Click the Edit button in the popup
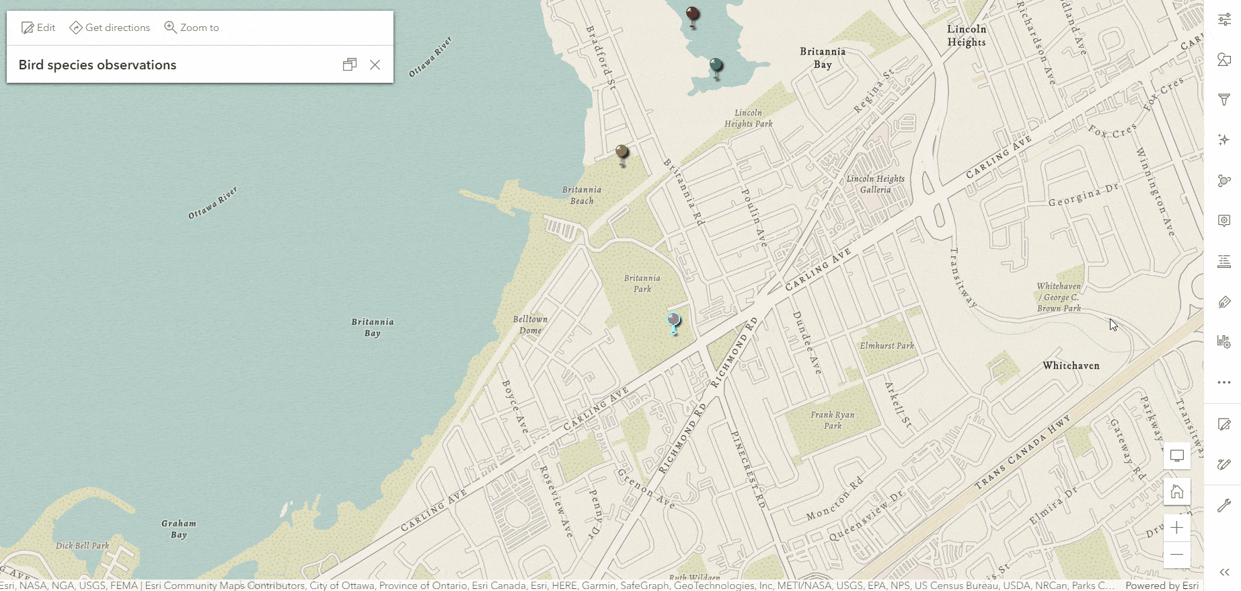click(38, 28)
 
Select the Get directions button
click(110, 28)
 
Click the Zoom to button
click(192, 28)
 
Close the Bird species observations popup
click(375, 65)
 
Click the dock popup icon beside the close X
click(349, 65)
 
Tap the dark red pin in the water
click(692, 15)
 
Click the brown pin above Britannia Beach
click(622, 153)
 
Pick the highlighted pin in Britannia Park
click(673, 321)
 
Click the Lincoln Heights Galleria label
click(875, 184)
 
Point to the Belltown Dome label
click(530, 324)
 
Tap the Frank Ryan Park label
click(833, 420)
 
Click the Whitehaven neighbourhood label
click(1071, 366)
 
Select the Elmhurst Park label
click(887, 345)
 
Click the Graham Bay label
click(179, 528)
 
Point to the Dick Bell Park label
click(82, 545)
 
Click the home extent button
click(1176, 491)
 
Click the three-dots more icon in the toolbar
click(1224, 382)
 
